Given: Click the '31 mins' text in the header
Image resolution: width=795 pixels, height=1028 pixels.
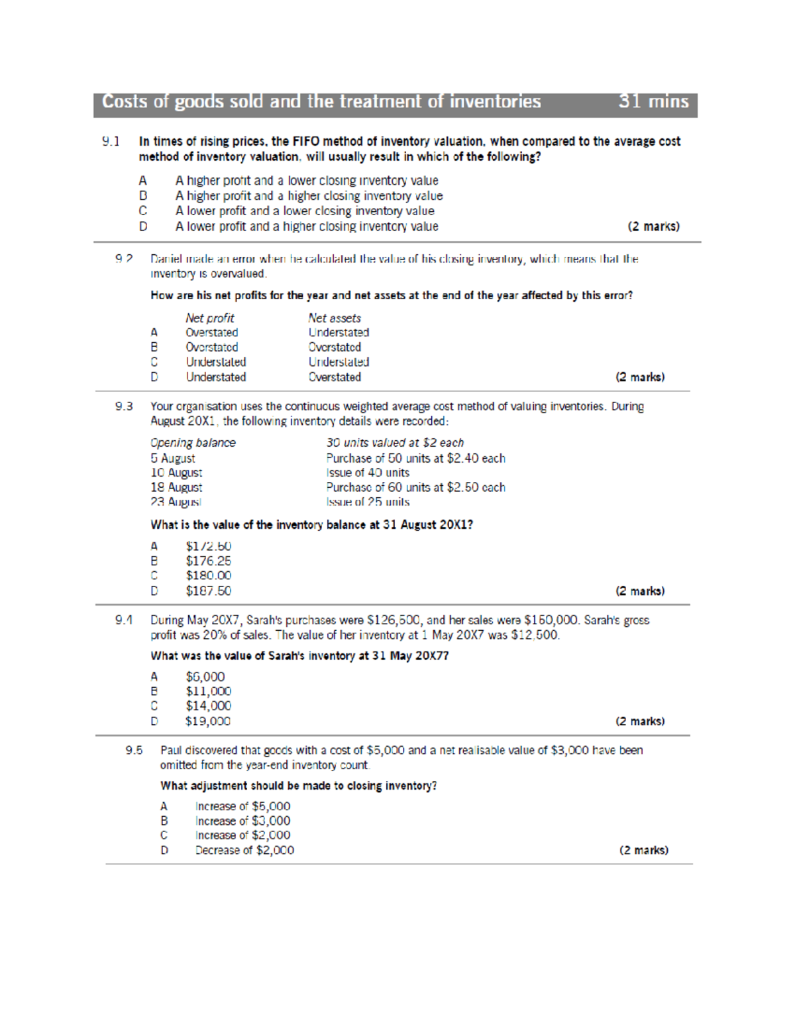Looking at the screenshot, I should pos(653,101).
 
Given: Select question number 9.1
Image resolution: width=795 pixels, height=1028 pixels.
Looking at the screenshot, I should pos(111,141).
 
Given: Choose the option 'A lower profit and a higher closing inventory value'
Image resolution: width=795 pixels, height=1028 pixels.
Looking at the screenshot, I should pos(306,226).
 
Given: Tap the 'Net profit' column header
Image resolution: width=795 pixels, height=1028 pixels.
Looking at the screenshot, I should pos(209,318).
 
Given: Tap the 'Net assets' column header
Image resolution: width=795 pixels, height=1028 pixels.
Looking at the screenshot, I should pos(334,318).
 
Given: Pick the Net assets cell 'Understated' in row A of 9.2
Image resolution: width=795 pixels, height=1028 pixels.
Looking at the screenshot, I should pos(338,332).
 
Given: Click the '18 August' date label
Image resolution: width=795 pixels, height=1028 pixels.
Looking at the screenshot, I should pos(176,487).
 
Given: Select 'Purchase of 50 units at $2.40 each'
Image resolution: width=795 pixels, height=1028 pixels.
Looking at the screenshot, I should pos(415,458).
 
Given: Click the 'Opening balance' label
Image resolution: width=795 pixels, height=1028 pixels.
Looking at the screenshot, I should pos(193,443).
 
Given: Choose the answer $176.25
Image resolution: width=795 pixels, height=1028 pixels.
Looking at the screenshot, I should pos(208,561).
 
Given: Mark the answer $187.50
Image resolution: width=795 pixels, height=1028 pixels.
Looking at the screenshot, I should pos(208,590).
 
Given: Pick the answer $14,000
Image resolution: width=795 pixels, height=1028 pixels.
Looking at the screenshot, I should pos(208,706).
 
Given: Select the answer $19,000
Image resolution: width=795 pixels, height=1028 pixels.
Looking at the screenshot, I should pos(208,721).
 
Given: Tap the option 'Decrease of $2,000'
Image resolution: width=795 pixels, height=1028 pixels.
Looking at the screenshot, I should pos(244,850).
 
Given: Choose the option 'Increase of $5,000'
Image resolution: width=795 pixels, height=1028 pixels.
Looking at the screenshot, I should pos(242,806).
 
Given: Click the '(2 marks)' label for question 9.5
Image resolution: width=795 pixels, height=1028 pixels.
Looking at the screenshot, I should pos(643,850).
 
